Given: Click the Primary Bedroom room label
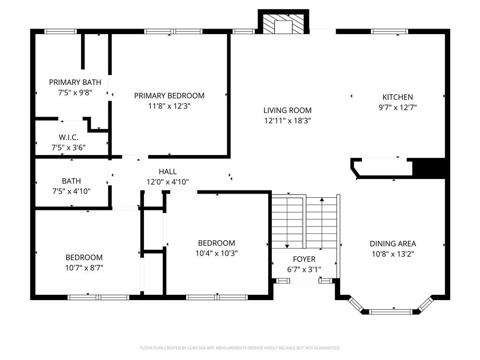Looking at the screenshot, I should point(169,96).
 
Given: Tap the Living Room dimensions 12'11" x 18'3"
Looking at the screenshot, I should point(287,120).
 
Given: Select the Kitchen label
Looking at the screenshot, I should point(397,97).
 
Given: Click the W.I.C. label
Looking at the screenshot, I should point(68,137).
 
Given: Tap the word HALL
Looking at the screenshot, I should point(167,172).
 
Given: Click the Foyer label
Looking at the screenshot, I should point(304,259).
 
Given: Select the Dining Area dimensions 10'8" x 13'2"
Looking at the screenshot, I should point(393,254).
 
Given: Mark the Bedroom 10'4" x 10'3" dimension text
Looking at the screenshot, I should point(216,253).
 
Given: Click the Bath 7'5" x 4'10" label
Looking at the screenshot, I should point(71,181).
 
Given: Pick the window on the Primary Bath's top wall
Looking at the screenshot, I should point(60,31).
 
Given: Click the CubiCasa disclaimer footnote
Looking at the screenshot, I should point(240,348).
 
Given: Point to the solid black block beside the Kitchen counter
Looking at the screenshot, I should point(428,168).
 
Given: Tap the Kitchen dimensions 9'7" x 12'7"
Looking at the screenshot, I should point(397,107).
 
